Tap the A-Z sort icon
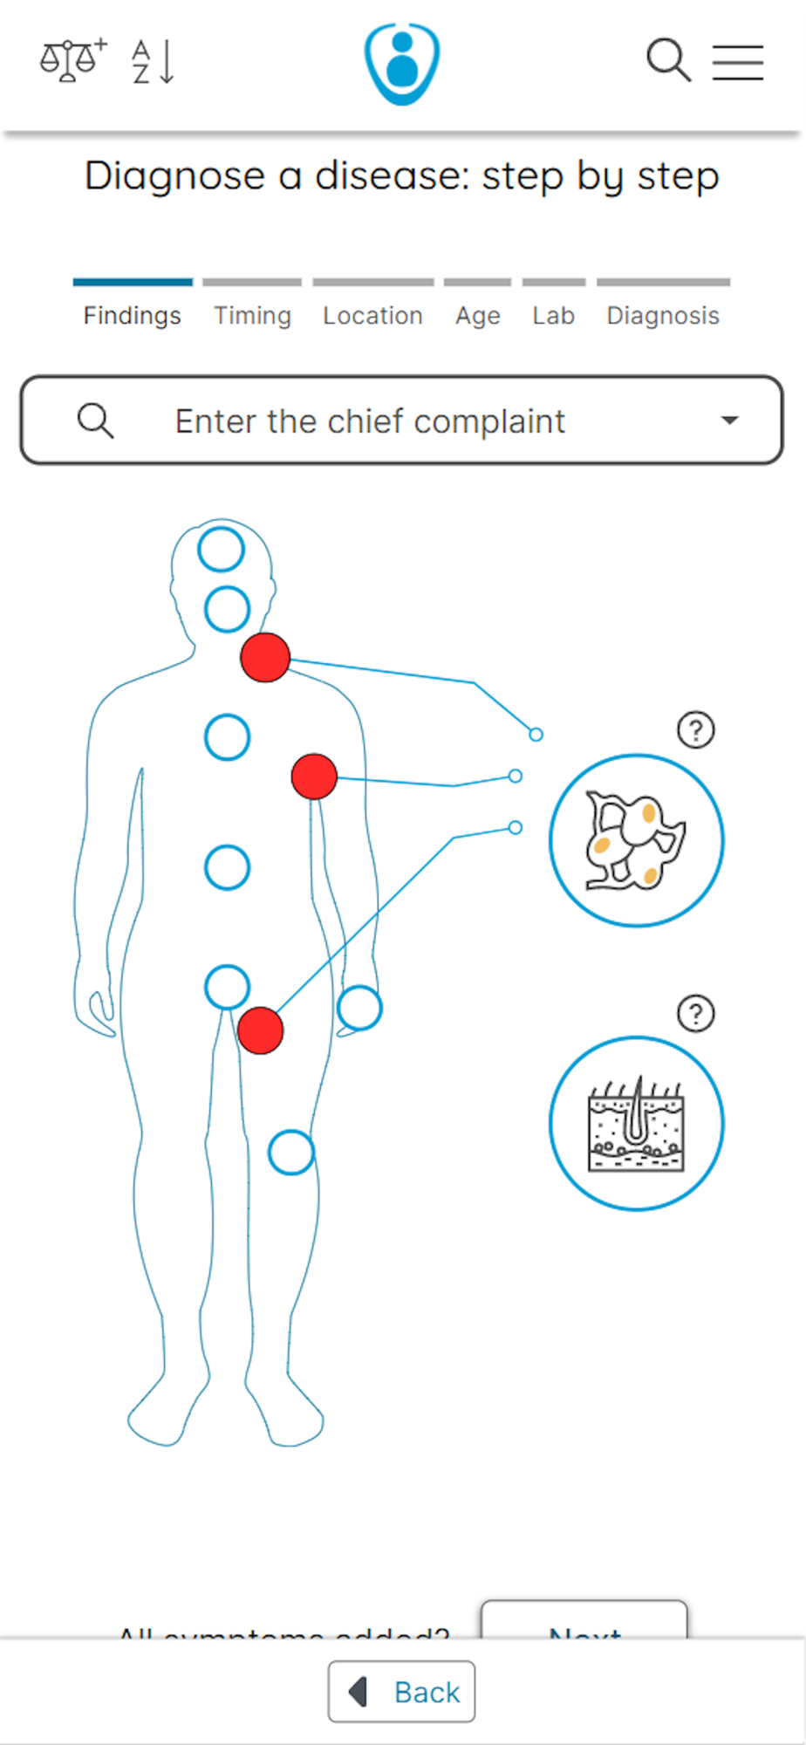[x=154, y=62]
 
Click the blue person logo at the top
[x=402, y=64]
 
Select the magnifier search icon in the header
[x=668, y=60]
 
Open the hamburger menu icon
[x=738, y=62]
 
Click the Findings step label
[x=133, y=315]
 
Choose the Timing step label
[x=253, y=315]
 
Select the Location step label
[x=372, y=315]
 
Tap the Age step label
[x=478, y=315]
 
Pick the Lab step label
[x=554, y=315]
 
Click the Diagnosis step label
[x=663, y=315]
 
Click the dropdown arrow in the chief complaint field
[x=730, y=421]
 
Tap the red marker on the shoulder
[x=265, y=657]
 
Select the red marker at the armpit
[x=314, y=777]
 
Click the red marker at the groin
[x=260, y=1030]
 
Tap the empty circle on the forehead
[x=221, y=550]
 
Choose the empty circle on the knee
[x=290, y=1153]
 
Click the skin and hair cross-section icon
[x=637, y=1124]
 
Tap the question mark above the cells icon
[x=696, y=729]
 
